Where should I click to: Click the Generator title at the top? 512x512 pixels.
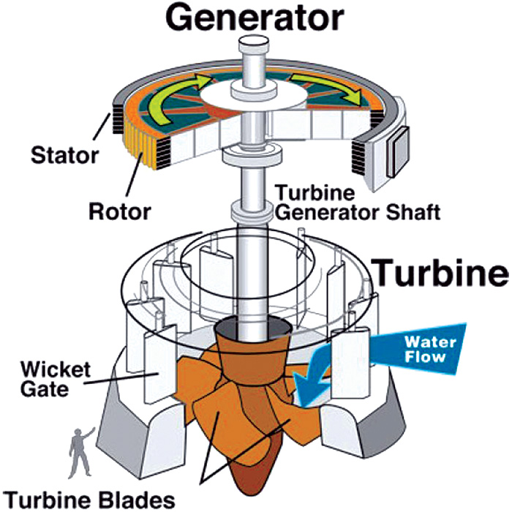click(x=255, y=18)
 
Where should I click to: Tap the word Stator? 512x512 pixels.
click(x=64, y=156)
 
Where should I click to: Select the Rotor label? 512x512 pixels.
click(x=120, y=212)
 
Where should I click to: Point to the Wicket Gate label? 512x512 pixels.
click(x=55, y=379)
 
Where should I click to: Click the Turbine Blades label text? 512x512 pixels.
click(x=91, y=500)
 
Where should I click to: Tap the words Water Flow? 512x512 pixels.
click(x=430, y=349)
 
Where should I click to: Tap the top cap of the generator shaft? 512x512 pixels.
click(x=254, y=45)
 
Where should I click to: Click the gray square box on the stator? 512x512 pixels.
click(x=396, y=152)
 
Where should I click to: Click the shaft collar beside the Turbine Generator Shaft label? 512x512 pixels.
click(x=251, y=211)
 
